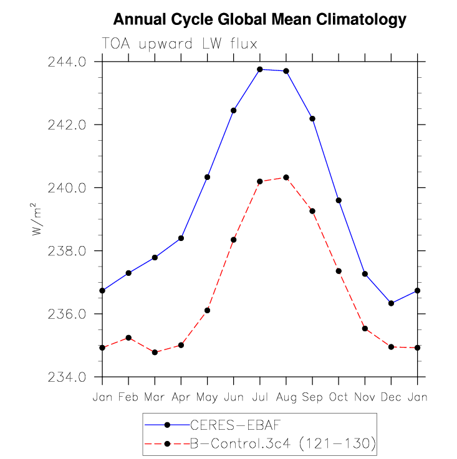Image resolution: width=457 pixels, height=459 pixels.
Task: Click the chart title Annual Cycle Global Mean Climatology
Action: (260, 20)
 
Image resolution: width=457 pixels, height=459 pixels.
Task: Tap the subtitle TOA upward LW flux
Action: (180, 44)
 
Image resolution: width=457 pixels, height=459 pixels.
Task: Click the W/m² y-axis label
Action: (36, 219)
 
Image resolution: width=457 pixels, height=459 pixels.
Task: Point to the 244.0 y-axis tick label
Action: (67, 62)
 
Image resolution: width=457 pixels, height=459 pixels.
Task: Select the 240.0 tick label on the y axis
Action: (67, 188)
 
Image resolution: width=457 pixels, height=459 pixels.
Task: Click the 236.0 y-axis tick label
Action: (67, 314)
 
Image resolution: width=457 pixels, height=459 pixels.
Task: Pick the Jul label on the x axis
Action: (260, 397)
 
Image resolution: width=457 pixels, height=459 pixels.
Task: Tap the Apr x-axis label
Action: (181, 397)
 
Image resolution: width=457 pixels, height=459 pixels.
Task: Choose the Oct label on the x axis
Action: (339, 397)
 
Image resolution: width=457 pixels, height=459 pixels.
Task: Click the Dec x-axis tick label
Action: (391, 397)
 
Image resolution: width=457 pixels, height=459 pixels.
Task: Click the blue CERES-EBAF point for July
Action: (260, 69)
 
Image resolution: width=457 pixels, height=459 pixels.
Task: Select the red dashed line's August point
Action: (286, 177)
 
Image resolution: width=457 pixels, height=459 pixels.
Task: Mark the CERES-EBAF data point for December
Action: (391, 303)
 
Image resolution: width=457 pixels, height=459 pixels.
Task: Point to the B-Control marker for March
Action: (155, 353)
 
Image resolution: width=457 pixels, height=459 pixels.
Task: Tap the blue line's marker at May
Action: (207, 177)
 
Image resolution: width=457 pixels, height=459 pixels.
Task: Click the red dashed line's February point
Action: (128, 338)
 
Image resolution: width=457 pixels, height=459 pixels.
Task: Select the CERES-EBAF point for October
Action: (339, 201)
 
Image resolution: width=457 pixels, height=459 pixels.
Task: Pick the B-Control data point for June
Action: (234, 240)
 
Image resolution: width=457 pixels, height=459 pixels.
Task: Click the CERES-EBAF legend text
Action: (236, 425)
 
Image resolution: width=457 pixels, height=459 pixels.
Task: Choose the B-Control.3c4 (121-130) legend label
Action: (283, 444)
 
